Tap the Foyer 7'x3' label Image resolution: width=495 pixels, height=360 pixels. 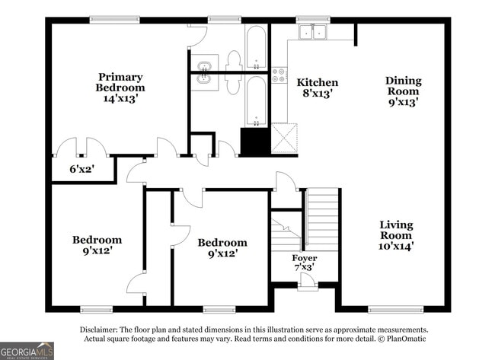coord(305,263)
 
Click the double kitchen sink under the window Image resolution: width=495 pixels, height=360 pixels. coord(312,32)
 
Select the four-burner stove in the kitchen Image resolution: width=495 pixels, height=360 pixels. coord(279,75)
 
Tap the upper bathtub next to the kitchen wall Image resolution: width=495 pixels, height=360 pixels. coord(256,46)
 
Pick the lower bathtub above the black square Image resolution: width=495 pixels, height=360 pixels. coord(256,99)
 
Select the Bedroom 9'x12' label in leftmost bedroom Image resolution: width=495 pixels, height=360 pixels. coord(97,244)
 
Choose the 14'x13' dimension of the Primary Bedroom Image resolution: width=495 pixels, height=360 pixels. coord(120,98)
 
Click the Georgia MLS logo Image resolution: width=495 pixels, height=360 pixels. coord(27,350)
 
